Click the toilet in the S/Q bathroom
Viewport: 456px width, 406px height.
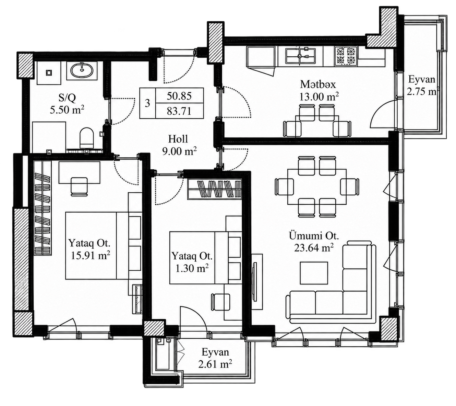coord(87,138)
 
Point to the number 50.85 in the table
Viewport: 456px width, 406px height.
coord(179,96)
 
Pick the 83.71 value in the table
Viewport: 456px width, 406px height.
coord(179,111)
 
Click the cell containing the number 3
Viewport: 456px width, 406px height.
coord(147,103)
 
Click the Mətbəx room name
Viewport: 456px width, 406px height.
coord(318,84)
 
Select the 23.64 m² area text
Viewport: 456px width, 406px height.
coord(313,248)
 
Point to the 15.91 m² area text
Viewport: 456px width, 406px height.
coord(90,256)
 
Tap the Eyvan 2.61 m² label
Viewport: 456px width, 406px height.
coord(215,358)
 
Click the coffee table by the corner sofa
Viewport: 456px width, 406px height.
coord(314,273)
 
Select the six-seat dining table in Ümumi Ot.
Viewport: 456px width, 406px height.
coord(317,187)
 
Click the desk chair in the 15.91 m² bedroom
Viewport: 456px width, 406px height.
coord(79,187)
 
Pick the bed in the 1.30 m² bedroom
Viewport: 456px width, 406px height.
coord(205,258)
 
